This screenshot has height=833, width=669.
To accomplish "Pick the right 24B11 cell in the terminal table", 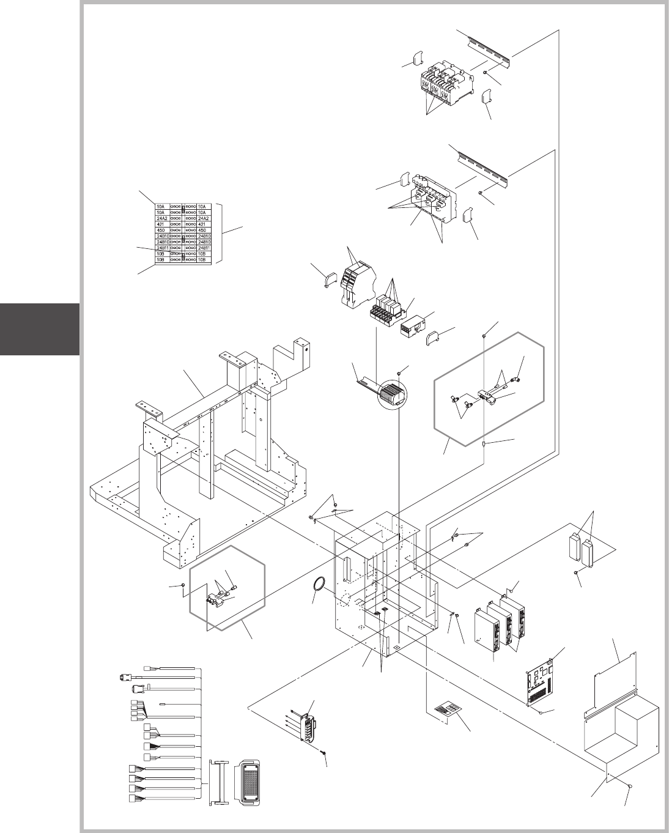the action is tap(205, 248).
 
